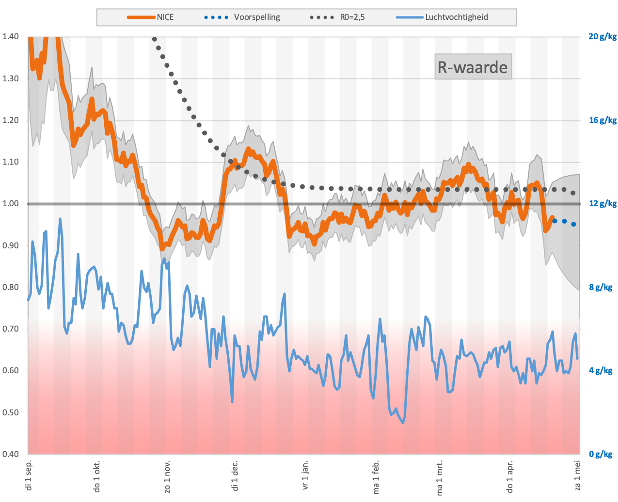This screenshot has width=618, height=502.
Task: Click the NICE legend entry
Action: (151, 17)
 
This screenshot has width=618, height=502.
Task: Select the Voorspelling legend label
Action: (257, 17)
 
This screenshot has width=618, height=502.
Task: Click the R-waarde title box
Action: (473, 67)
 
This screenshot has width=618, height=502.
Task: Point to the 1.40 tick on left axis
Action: (11, 36)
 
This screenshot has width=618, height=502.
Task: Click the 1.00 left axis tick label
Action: (11, 204)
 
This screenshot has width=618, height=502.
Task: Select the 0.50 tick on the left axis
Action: (11, 412)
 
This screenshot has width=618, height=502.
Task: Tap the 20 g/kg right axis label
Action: (602, 36)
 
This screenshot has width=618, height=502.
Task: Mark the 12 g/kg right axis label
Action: (602, 204)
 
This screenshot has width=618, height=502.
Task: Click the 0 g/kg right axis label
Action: (600, 454)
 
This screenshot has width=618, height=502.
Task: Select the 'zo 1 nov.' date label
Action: (167, 476)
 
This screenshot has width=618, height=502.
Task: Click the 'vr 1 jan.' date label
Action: (305, 475)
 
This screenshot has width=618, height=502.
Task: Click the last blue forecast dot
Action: (573, 224)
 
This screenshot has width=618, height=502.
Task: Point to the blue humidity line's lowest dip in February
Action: (403, 423)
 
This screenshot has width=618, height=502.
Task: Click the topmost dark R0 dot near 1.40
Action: (155, 39)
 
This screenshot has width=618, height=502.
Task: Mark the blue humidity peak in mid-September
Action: (60, 219)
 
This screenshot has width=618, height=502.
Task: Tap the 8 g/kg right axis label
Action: (600, 287)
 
